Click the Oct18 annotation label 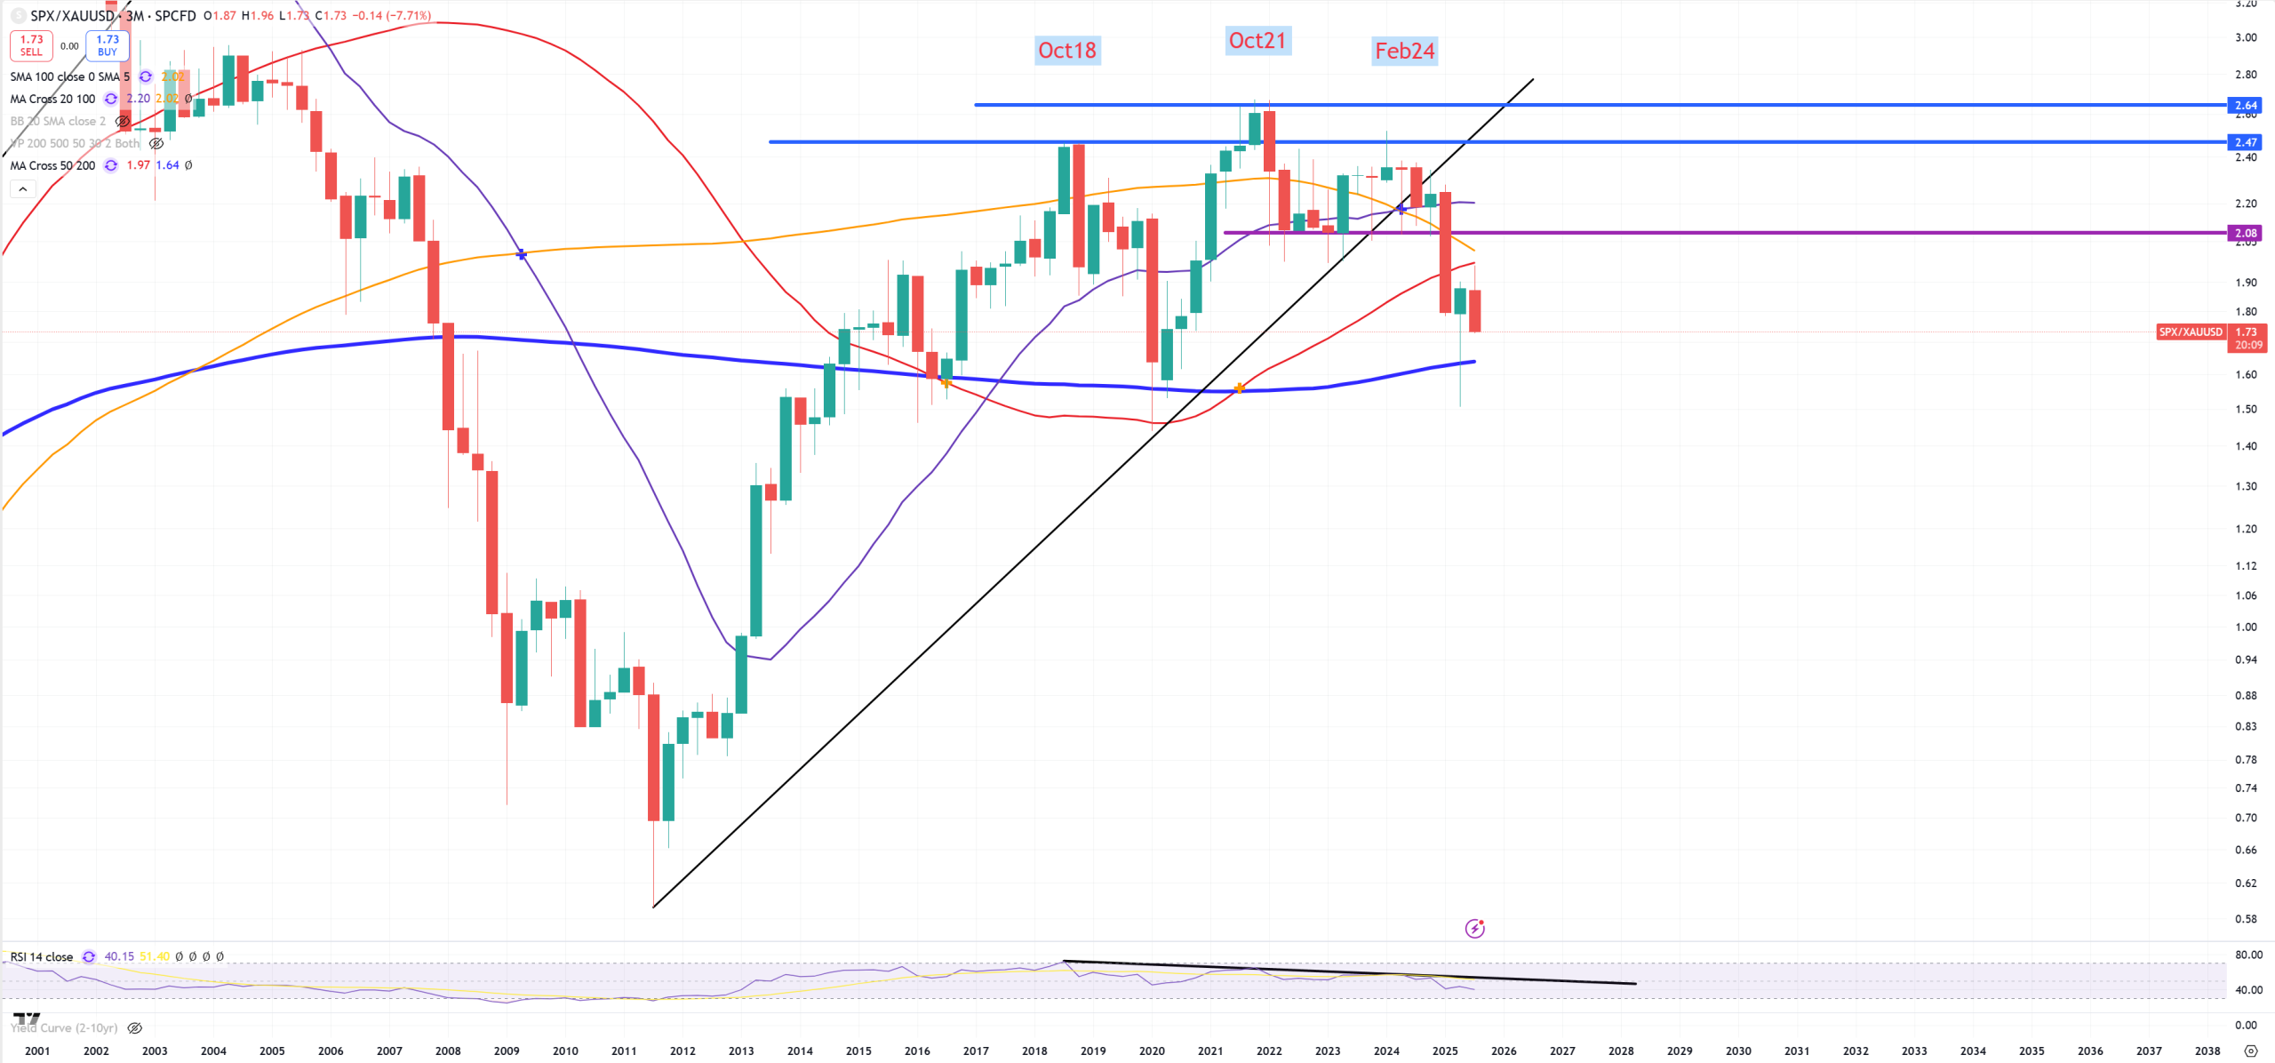coord(1067,51)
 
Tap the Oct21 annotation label coord(1257,41)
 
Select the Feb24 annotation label coord(1404,52)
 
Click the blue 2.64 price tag coord(2245,105)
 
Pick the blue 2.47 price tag coord(2245,142)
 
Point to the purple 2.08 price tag coord(2245,233)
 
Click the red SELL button coord(31,45)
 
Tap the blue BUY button coord(108,45)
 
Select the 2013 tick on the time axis coord(741,1051)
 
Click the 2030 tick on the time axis coord(1738,1051)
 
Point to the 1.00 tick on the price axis coord(2246,627)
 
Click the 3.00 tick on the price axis coord(2246,37)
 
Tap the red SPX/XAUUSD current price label coord(2191,332)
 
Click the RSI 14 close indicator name coord(42,956)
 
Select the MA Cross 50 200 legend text coord(52,165)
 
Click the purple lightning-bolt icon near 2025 coord(1474,929)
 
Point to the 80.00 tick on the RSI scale coord(2248,955)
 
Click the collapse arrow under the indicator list coord(23,188)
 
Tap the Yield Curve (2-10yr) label coord(66,1027)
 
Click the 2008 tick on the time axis coord(448,1051)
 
